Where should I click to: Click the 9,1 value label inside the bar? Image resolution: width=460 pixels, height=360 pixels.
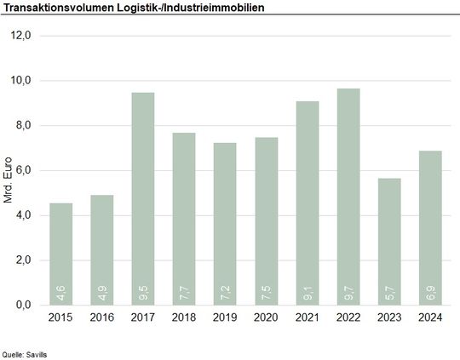coord(307,294)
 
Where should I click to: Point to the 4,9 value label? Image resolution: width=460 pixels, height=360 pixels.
coord(102,294)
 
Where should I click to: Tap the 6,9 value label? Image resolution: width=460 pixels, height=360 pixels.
coord(429,294)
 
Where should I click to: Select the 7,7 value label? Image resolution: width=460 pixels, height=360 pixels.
coord(184,294)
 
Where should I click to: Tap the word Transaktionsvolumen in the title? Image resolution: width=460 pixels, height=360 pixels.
coord(55,7)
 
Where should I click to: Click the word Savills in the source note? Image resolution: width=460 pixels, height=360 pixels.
coord(36,351)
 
